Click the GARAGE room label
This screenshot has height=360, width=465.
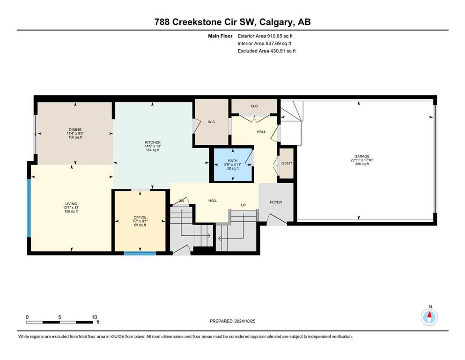(x=362, y=156)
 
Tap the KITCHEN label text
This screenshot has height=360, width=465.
(x=153, y=142)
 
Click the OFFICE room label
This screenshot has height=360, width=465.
(x=140, y=217)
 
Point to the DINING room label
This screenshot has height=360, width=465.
(x=75, y=130)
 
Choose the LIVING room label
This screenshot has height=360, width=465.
(x=71, y=204)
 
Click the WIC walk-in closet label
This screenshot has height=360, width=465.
(x=212, y=122)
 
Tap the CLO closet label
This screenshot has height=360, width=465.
(x=254, y=106)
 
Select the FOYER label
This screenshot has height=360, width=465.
(x=276, y=202)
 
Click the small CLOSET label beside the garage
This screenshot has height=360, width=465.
(x=287, y=164)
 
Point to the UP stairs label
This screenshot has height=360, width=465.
(x=244, y=205)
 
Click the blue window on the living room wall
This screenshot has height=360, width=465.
(x=29, y=208)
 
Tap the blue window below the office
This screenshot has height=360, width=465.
(x=140, y=253)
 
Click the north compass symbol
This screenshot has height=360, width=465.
(x=429, y=317)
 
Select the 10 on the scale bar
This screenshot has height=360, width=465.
(x=94, y=317)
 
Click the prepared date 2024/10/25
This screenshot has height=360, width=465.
(x=245, y=321)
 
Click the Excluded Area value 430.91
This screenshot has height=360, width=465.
(x=278, y=51)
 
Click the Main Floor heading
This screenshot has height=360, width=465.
(x=221, y=36)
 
